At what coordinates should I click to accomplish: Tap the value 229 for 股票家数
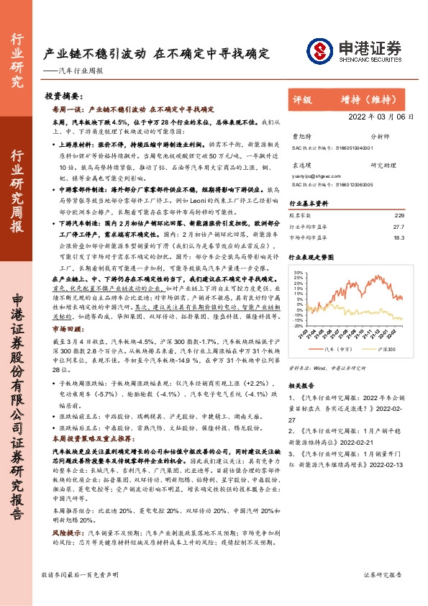tap(400, 215)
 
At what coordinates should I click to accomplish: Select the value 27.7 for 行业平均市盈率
tap(399, 225)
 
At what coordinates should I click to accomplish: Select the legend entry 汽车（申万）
tap(332, 348)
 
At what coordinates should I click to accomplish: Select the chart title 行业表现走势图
tap(311, 255)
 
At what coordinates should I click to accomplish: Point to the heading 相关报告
tap(301, 386)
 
